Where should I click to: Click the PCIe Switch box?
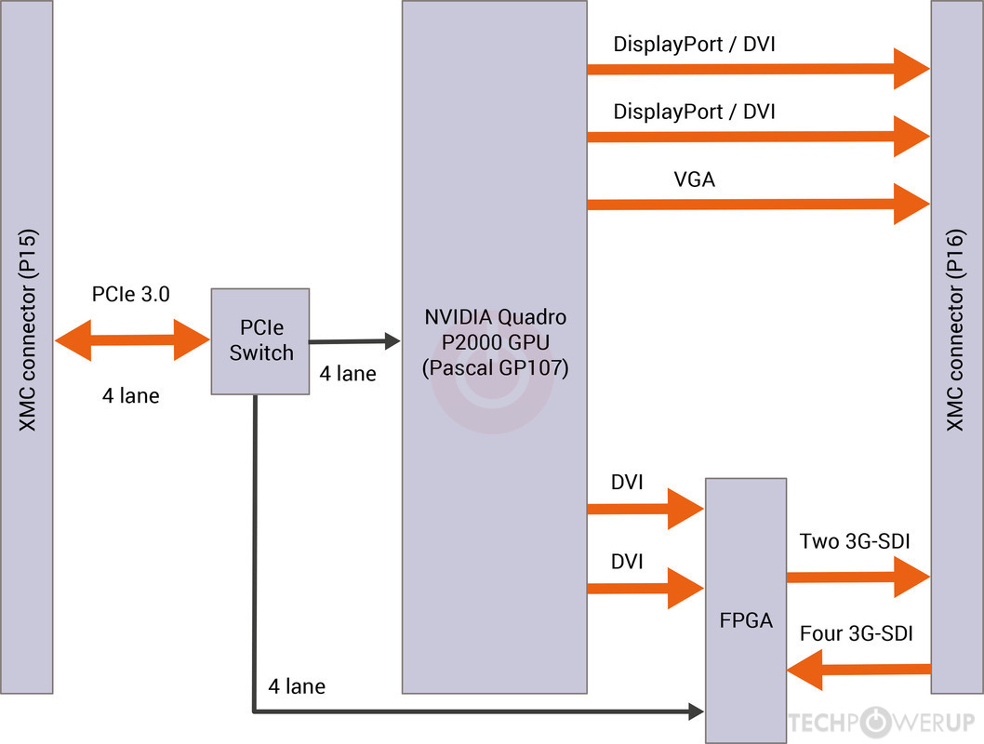260,340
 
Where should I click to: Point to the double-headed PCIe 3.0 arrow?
133,340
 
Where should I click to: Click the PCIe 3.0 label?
130,295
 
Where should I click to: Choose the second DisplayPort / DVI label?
694,112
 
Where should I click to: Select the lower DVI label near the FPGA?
627,562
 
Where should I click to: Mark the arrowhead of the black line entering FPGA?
696,712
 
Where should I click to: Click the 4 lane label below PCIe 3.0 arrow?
130,396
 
